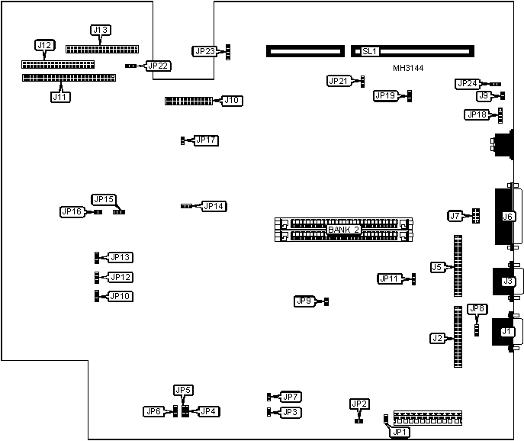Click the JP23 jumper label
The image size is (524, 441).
pos(205,52)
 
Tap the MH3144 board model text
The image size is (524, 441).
pos(408,68)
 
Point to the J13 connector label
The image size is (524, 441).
pos(100,31)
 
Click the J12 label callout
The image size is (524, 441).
pos(45,46)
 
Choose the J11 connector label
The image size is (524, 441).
pos(59,97)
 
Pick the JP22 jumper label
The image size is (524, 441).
pos(159,66)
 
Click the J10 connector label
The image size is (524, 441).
pos(232,100)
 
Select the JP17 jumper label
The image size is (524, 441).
pos(206,140)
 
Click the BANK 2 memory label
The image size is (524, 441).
pos(343,230)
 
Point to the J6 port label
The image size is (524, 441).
pos(508,217)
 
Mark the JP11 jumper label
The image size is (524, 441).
pos(390,278)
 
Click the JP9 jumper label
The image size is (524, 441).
pos(305,301)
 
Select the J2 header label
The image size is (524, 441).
pos(437,338)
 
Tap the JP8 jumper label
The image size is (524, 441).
pos(477,309)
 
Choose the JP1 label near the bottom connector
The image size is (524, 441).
pos(400,432)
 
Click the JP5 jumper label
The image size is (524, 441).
pos(184,391)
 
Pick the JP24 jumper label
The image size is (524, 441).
pos(467,84)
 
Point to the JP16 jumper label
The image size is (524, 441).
pos(72,211)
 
